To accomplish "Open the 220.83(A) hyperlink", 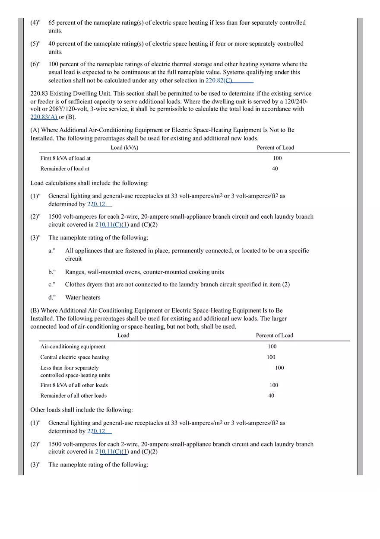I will (x=44, y=117).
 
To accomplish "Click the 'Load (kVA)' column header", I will (x=124, y=148).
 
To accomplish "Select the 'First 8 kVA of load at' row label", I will (x=65, y=158).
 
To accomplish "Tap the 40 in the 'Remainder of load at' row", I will (x=275, y=169).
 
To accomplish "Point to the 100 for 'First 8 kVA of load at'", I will (x=277, y=158).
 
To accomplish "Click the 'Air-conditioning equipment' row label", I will (x=73, y=347).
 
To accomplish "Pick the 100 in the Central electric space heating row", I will (x=271, y=357).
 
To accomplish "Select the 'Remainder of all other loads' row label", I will (x=73, y=395).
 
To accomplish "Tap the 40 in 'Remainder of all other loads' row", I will (x=271, y=395).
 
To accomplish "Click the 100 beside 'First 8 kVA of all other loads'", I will (x=274, y=385).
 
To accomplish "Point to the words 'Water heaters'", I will (x=82, y=297).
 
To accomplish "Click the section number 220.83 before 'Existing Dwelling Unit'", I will (x=39, y=93).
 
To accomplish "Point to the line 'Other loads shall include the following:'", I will (x=82, y=410).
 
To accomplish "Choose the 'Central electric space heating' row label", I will (x=75, y=357).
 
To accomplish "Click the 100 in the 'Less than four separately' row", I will (x=279, y=368).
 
